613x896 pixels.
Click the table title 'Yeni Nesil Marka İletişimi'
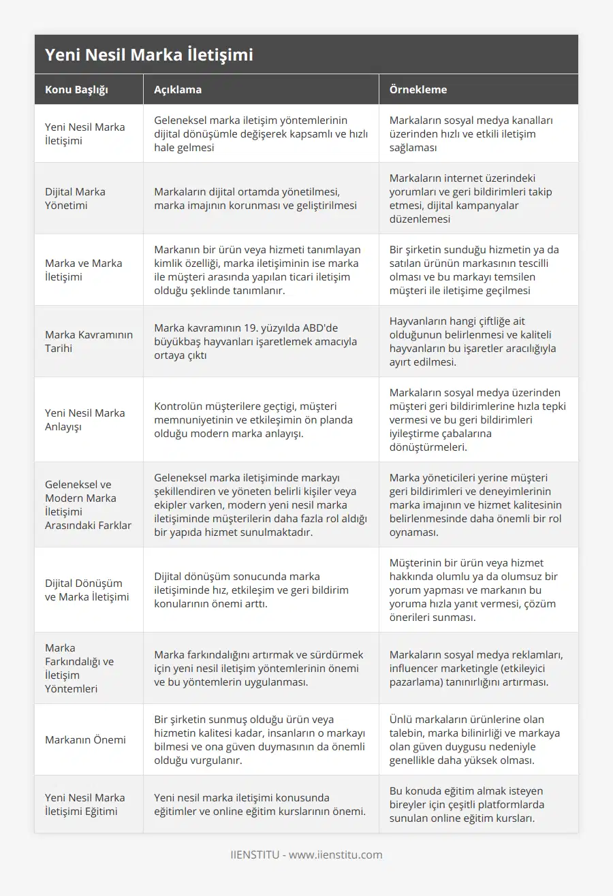148,55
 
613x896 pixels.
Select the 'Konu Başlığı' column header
76,90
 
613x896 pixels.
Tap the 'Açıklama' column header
177,90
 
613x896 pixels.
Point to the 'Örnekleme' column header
418,90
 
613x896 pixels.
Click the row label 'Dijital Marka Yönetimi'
75,198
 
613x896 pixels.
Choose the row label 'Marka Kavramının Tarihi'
89,341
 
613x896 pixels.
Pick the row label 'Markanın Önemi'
85,739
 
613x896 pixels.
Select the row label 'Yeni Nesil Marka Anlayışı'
84,419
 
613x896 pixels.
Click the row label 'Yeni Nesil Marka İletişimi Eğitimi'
84,804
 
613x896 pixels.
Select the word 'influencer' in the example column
414,668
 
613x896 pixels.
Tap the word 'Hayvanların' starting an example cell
417,321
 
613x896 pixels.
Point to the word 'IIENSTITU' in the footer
255,854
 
